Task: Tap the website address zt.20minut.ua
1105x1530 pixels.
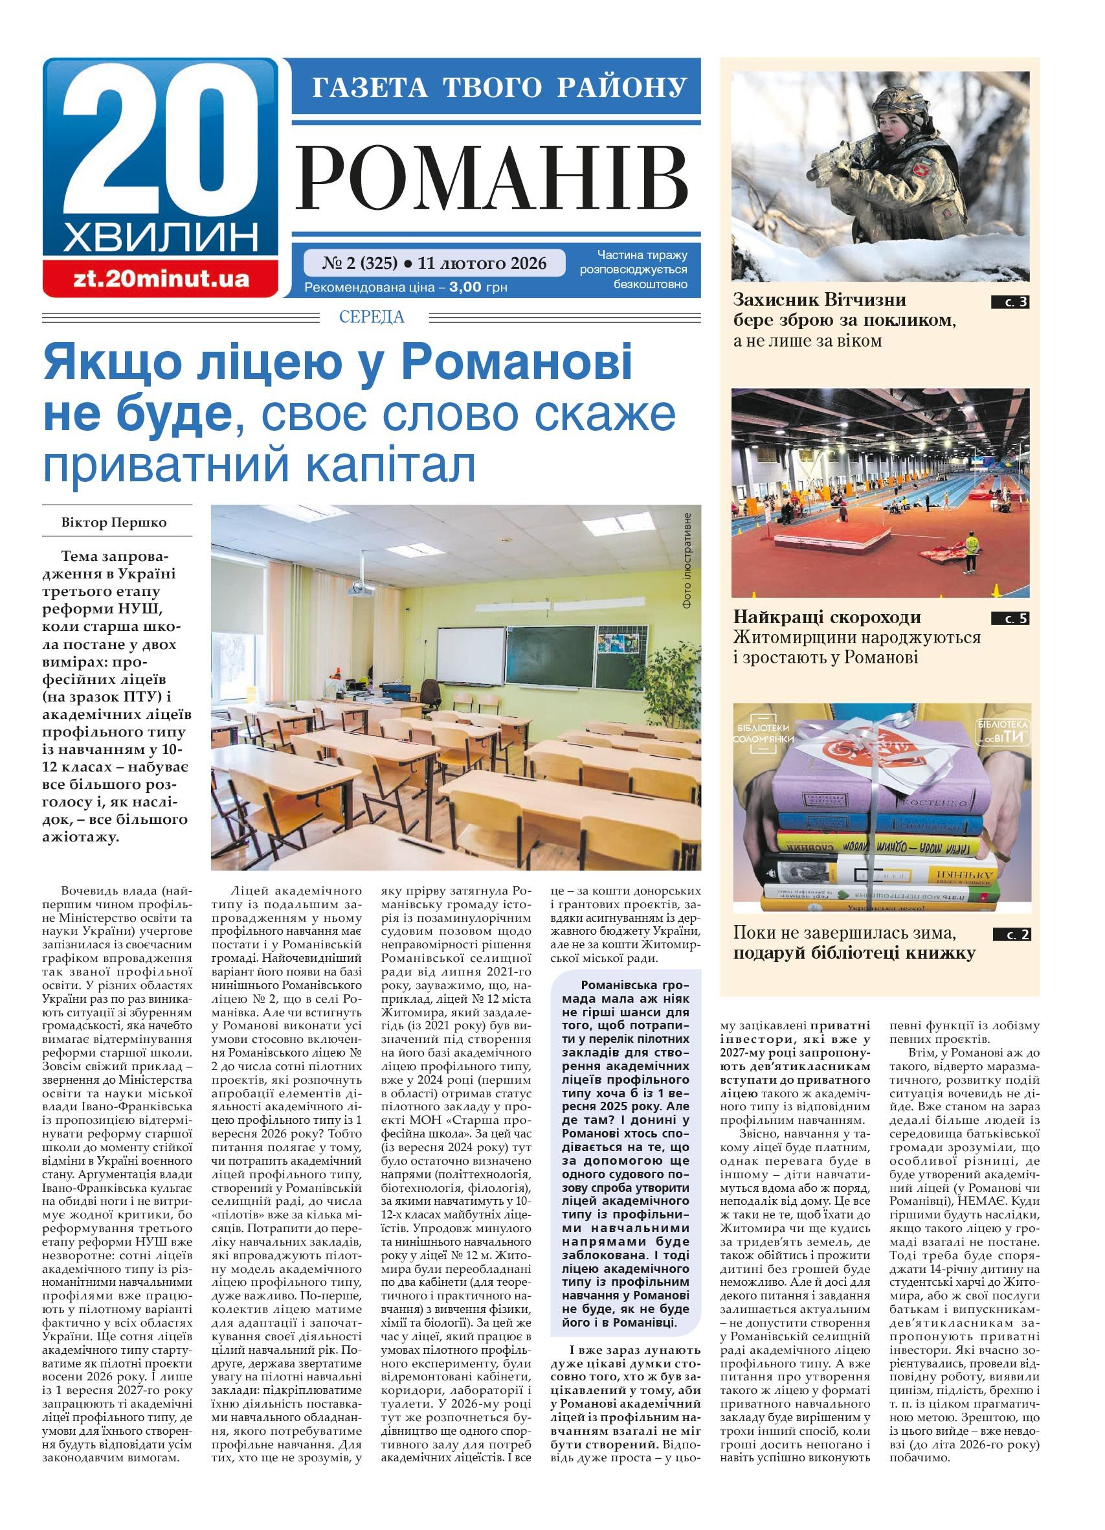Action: click(161, 279)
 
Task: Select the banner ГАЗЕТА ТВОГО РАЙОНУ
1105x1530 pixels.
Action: click(498, 87)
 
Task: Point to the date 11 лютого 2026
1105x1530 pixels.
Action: click(482, 262)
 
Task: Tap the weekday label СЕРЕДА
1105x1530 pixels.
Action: click(372, 316)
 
